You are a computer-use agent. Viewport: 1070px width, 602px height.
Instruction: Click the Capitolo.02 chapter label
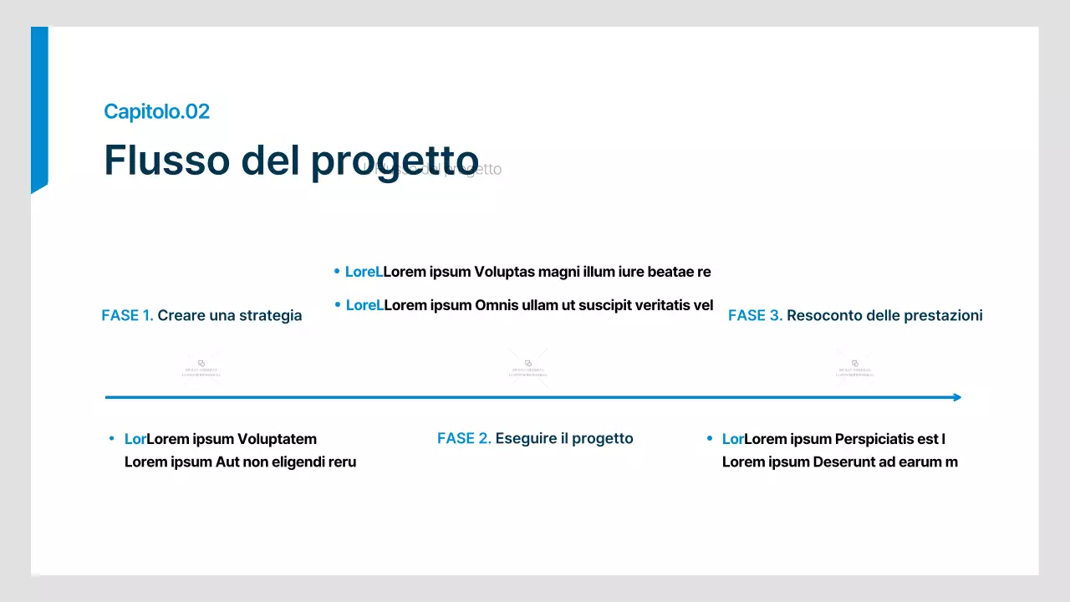tap(156, 111)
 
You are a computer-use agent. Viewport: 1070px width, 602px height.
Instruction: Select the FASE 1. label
tap(127, 315)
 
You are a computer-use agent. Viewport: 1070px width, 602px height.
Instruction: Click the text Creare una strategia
tap(230, 315)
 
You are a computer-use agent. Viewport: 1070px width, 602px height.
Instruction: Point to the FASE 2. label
tap(464, 438)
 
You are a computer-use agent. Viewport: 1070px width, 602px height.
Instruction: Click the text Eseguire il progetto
tap(564, 438)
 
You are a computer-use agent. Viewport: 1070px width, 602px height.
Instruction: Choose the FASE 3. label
tap(755, 315)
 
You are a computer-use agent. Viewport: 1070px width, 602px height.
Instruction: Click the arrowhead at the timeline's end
tap(957, 397)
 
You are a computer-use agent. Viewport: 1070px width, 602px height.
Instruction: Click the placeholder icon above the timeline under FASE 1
tap(201, 364)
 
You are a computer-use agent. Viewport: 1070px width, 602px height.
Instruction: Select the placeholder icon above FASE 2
tap(528, 364)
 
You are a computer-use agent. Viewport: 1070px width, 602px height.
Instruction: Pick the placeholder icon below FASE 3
tap(855, 364)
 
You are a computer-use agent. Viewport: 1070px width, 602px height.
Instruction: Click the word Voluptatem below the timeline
tap(277, 439)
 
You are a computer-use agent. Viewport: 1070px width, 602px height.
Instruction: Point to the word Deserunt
tap(845, 462)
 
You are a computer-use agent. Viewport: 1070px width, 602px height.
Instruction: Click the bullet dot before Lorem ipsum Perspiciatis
tap(710, 439)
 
